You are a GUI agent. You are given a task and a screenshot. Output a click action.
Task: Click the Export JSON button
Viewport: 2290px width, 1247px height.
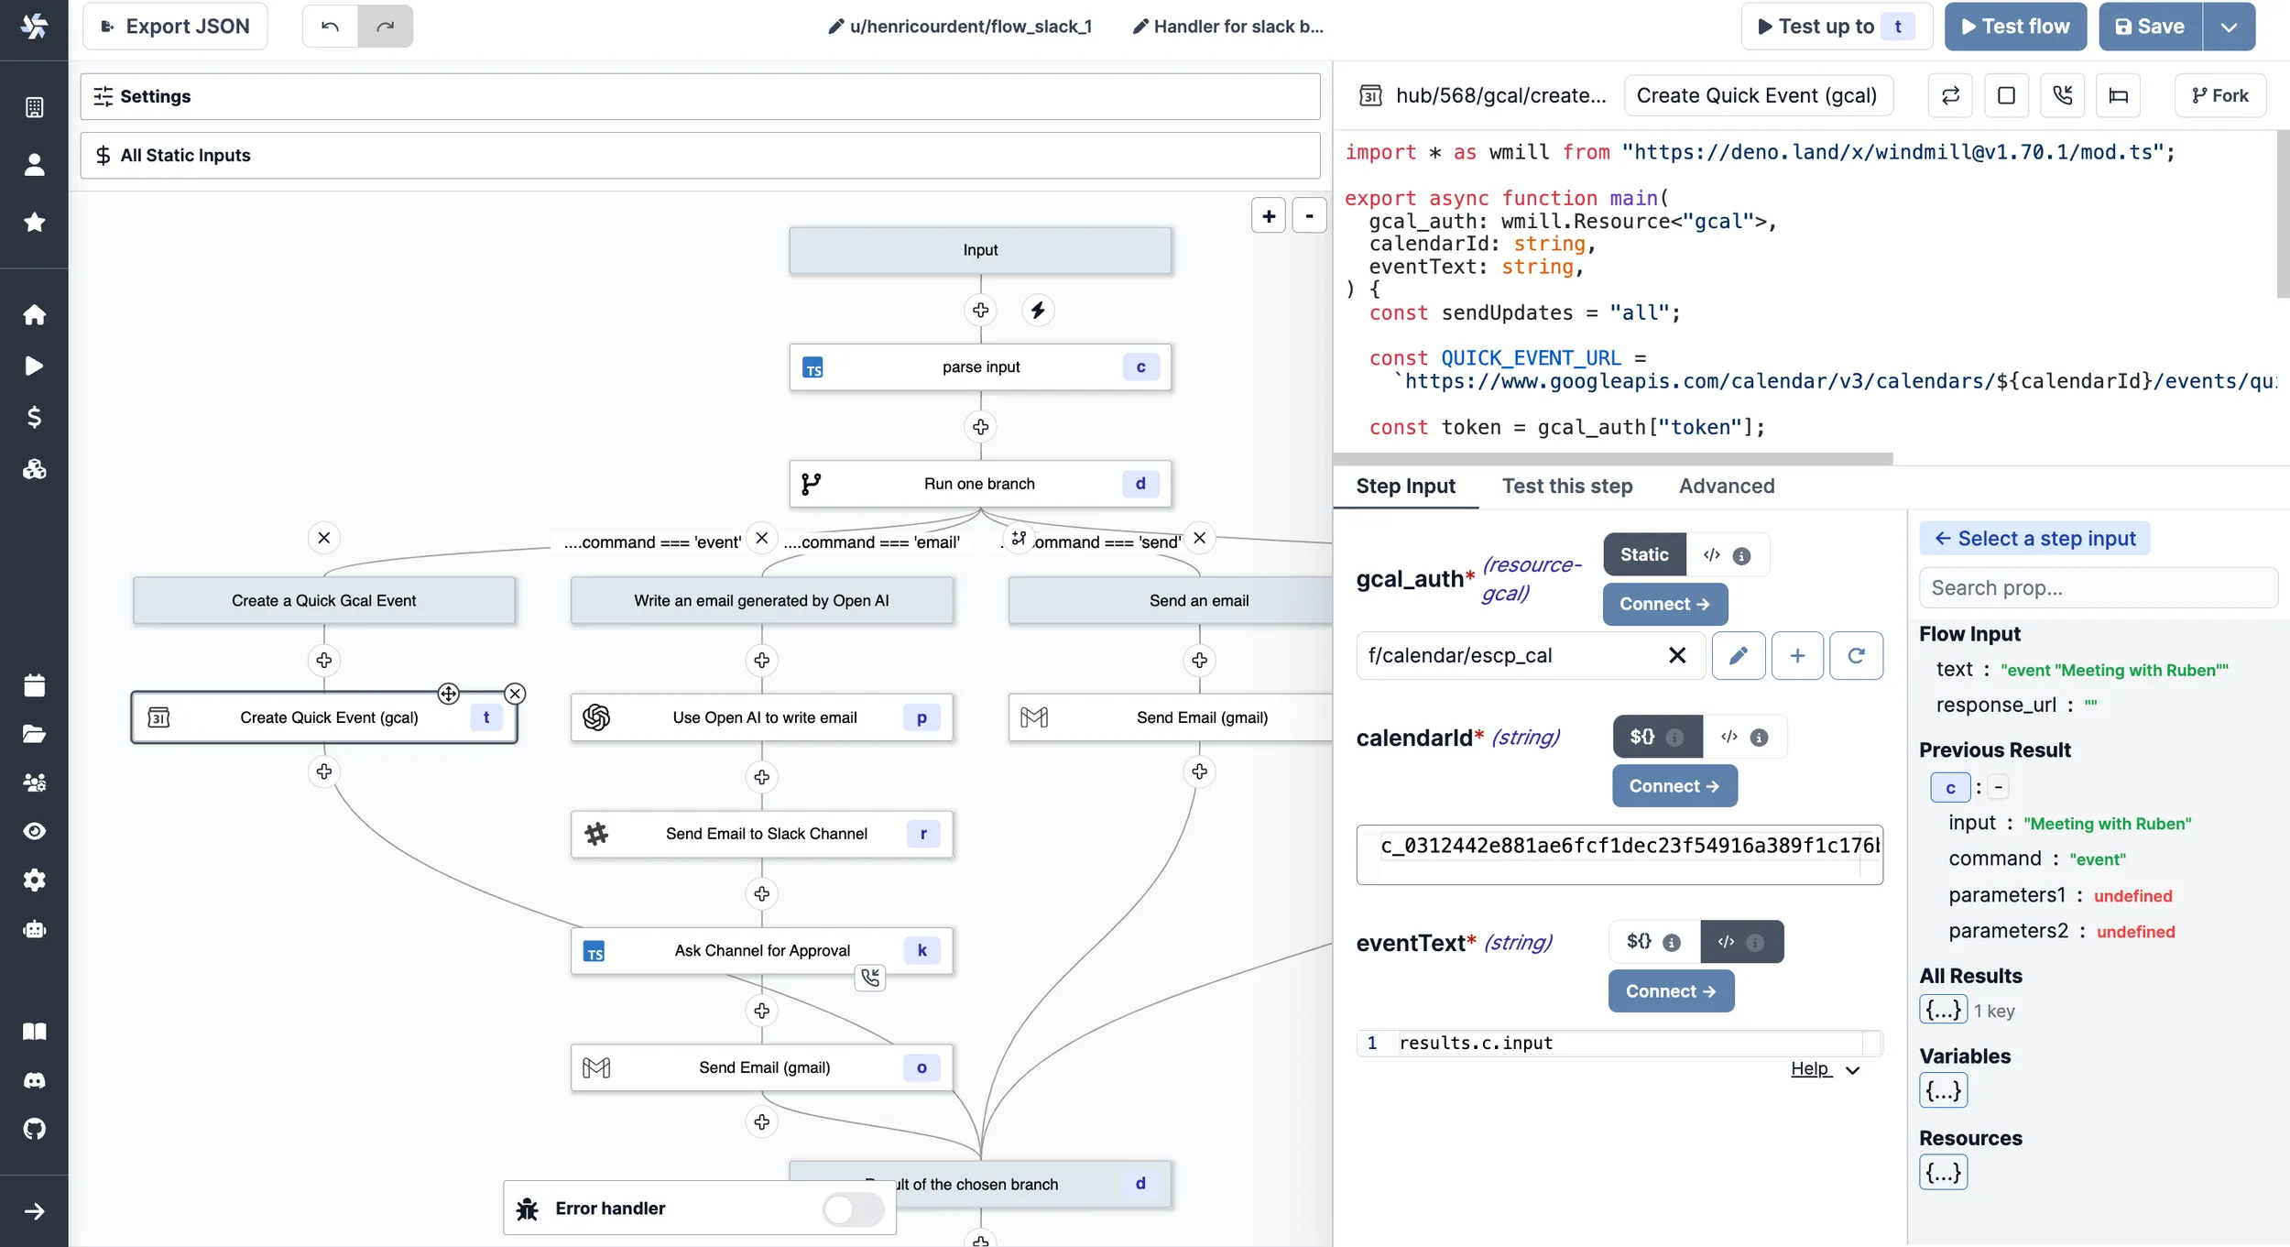pyautogui.click(x=174, y=27)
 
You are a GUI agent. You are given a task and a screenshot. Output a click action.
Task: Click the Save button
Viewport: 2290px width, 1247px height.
pyautogui.click(x=2149, y=27)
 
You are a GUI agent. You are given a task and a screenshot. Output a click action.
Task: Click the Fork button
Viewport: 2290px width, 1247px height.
pyautogui.click(x=2219, y=95)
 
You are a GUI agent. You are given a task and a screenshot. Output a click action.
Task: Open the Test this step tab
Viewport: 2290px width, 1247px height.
pyautogui.click(x=1566, y=486)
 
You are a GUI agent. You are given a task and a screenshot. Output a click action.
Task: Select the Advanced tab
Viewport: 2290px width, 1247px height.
pyautogui.click(x=1726, y=486)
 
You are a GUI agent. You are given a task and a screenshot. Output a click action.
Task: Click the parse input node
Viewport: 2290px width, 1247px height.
pyautogui.click(x=980, y=367)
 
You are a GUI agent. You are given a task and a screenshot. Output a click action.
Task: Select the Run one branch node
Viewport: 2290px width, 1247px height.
pyautogui.click(x=979, y=484)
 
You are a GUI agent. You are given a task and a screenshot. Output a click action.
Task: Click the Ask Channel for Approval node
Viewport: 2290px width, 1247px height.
pyautogui.click(x=761, y=950)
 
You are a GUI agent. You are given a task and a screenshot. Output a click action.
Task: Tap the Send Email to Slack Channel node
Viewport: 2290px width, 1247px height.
pyautogui.click(x=766, y=834)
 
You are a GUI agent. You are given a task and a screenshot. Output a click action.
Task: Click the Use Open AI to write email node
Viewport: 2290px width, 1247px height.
pyautogui.click(x=764, y=717)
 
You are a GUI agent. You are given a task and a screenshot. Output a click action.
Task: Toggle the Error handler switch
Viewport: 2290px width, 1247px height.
pyautogui.click(x=852, y=1209)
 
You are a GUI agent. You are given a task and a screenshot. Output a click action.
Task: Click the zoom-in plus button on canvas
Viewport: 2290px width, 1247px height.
pyautogui.click(x=1268, y=216)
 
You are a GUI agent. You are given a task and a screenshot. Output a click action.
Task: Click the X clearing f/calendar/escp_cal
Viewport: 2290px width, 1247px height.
pyautogui.click(x=1676, y=655)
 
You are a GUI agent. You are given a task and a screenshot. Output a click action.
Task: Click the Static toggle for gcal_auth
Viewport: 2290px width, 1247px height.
pyautogui.click(x=1643, y=554)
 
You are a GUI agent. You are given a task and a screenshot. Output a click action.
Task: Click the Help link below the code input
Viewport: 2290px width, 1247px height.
pyautogui.click(x=1810, y=1068)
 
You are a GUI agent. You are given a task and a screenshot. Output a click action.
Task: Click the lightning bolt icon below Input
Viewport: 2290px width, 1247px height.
pyautogui.click(x=1037, y=311)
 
